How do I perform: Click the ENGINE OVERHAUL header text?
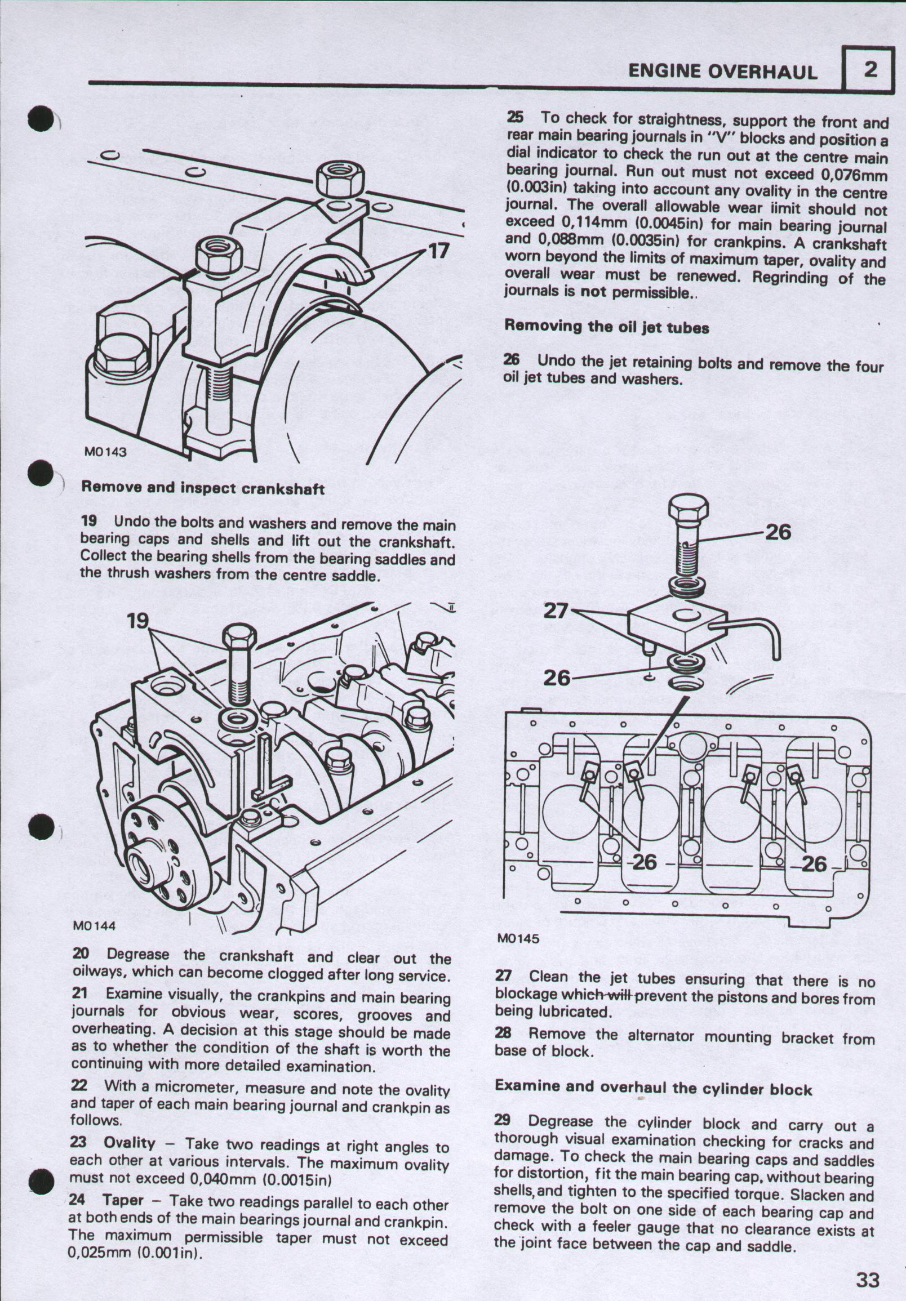click(722, 72)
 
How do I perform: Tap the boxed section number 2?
click(870, 70)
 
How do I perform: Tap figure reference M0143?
click(105, 452)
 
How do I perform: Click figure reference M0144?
click(94, 926)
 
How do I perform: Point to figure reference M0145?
click(518, 938)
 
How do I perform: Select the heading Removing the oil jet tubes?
click(606, 327)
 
